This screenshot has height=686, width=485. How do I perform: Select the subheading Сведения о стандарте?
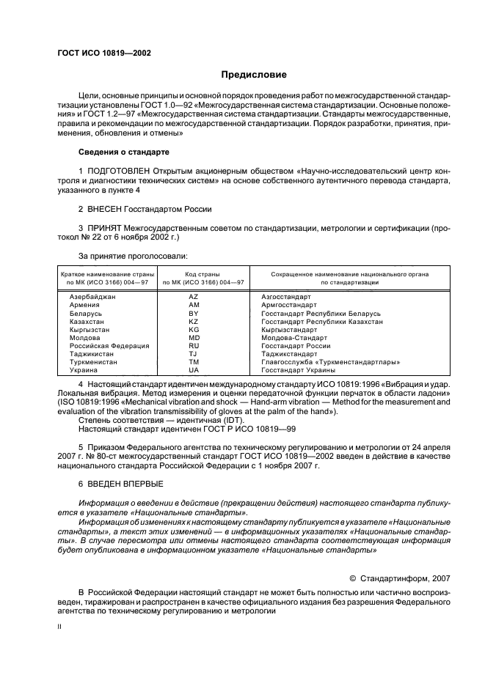pos(123,152)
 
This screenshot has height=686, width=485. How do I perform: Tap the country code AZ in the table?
pos(194,297)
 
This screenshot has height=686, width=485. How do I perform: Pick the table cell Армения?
pos(84,305)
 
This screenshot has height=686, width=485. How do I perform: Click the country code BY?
pos(194,313)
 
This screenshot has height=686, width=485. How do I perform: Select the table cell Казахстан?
pos(87,322)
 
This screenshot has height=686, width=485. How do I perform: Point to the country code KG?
pos(194,330)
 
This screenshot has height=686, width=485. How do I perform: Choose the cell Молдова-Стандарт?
pos(293,338)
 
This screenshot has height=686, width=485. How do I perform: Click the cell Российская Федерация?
pos(109,346)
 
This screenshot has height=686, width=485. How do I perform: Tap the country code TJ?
pos(194,354)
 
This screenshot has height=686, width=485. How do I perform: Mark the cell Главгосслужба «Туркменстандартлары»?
pos(330,362)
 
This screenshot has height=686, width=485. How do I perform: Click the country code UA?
pos(194,370)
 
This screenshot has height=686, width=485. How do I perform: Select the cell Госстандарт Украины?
pos(298,370)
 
